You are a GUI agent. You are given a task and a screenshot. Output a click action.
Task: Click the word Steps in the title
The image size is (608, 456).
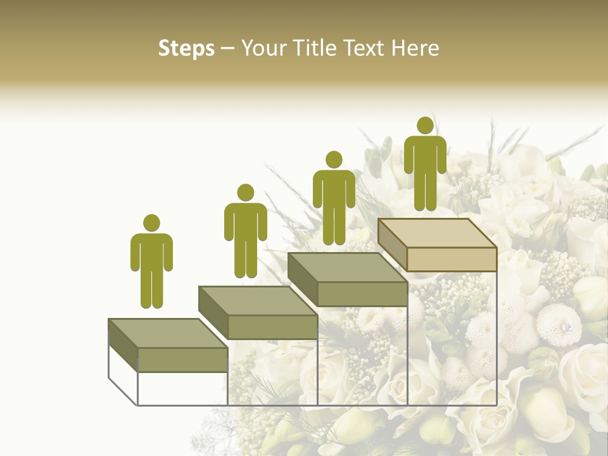186,49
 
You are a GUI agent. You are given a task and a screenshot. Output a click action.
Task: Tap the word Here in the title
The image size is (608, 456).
415,49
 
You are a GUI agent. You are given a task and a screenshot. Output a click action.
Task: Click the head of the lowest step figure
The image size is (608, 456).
151,223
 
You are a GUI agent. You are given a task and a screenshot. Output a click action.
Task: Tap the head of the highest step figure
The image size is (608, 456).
425,125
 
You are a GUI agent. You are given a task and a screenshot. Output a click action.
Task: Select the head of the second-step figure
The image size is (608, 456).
245,193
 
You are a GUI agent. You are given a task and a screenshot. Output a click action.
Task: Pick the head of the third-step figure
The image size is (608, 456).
333,160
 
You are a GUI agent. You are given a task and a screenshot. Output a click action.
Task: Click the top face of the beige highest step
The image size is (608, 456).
437,233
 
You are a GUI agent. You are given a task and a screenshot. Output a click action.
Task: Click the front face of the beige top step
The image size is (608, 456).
452,260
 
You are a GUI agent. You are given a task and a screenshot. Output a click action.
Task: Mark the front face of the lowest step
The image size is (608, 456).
182,360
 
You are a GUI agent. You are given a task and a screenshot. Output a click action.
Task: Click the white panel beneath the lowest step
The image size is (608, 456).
182,388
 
